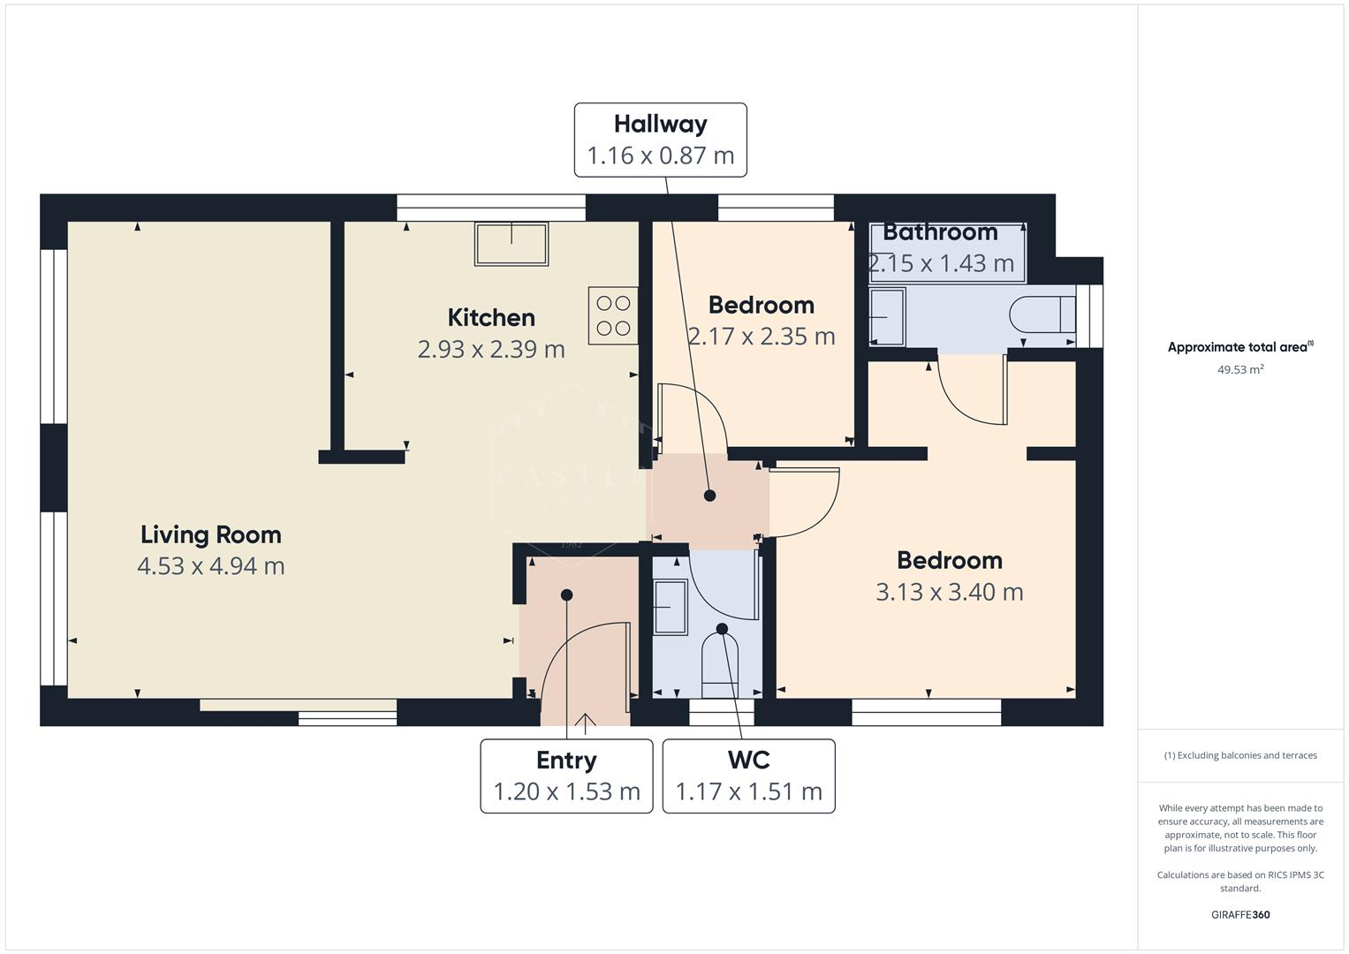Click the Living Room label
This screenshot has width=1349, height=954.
click(x=211, y=534)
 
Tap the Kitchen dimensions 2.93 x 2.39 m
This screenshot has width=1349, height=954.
click(x=491, y=349)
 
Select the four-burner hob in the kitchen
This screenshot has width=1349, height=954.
click(x=613, y=315)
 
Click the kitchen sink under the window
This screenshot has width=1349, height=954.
click(x=512, y=243)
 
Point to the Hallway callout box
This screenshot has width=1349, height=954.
click(x=660, y=140)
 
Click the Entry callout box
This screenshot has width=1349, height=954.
click(x=566, y=776)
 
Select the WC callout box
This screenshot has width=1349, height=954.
click(x=748, y=776)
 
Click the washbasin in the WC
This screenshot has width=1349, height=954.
click(x=671, y=607)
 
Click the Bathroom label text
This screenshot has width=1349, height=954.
click(x=940, y=232)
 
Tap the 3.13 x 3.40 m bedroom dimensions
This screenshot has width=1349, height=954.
click(x=950, y=592)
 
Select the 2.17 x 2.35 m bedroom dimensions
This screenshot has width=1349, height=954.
click(x=761, y=337)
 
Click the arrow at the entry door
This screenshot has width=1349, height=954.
click(x=585, y=723)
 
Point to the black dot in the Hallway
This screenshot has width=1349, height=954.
click(x=709, y=496)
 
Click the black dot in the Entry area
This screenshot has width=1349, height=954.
click(x=566, y=594)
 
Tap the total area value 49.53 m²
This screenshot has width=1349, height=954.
click(x=1240, y=369)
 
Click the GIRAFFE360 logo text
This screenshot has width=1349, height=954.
click(x=1240, y=914)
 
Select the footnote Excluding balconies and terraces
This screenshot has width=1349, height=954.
click(x=1240, y=755)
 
